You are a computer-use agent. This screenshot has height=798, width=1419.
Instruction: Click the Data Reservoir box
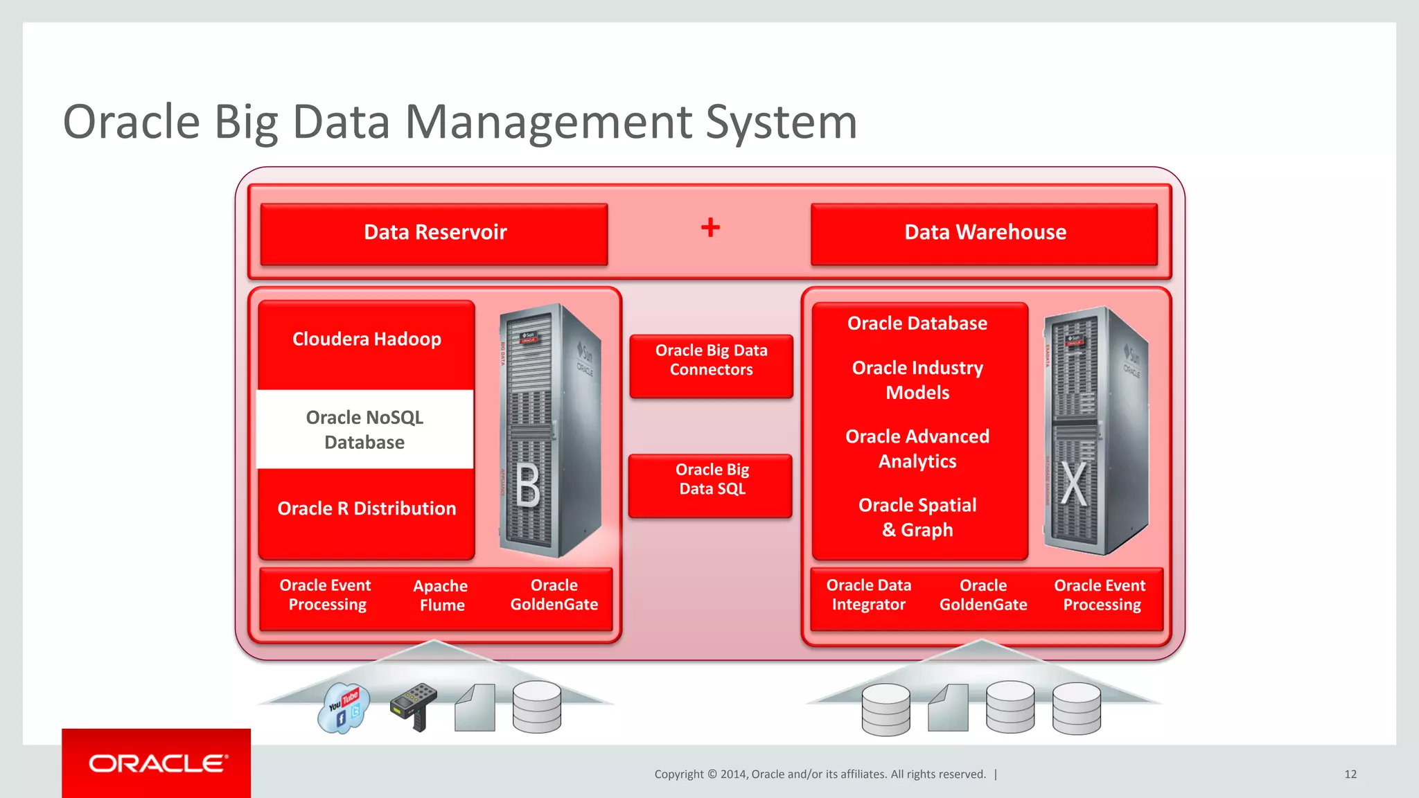[x=434, y=233]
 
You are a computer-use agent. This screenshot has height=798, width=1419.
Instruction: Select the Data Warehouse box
[x=984, y=233]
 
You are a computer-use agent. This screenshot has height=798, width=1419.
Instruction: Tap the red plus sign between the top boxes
[x=710, y=227]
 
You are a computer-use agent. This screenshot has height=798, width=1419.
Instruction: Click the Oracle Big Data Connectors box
[x=711, y=361]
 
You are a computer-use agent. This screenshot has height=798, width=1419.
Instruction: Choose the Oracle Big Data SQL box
[x=711, y=480]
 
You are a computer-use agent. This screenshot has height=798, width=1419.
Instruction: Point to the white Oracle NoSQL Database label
[x=364, y=429]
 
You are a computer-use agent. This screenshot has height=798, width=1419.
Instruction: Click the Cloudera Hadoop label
[x=367, y=339]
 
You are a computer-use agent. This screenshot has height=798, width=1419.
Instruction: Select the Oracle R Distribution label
[x=367, y=509]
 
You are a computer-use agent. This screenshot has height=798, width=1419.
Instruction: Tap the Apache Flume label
[x=441, y=596]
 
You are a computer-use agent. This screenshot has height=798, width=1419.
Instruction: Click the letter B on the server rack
[x=527, y=486]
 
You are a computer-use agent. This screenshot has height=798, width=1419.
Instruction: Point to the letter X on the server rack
[x=1074, y=484]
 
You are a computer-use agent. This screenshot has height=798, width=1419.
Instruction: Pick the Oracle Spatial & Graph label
[x=917, y=517]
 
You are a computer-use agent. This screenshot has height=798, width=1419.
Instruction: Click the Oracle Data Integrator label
[x=868, y=595]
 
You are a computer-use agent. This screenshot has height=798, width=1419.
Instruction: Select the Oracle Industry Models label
[x=917, y=380]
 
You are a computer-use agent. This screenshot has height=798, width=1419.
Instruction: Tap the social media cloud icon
[x=343, y=708]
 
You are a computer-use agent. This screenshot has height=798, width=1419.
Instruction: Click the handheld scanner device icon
[x=414, y=706]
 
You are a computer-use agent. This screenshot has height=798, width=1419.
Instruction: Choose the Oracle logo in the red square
[x=157, y=763]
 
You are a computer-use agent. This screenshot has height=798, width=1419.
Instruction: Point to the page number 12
[x=1350, y=774]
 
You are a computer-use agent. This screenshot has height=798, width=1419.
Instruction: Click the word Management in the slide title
[x=547, y=123]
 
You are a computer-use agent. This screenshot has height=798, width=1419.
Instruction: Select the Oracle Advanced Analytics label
[x=917, y=449]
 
